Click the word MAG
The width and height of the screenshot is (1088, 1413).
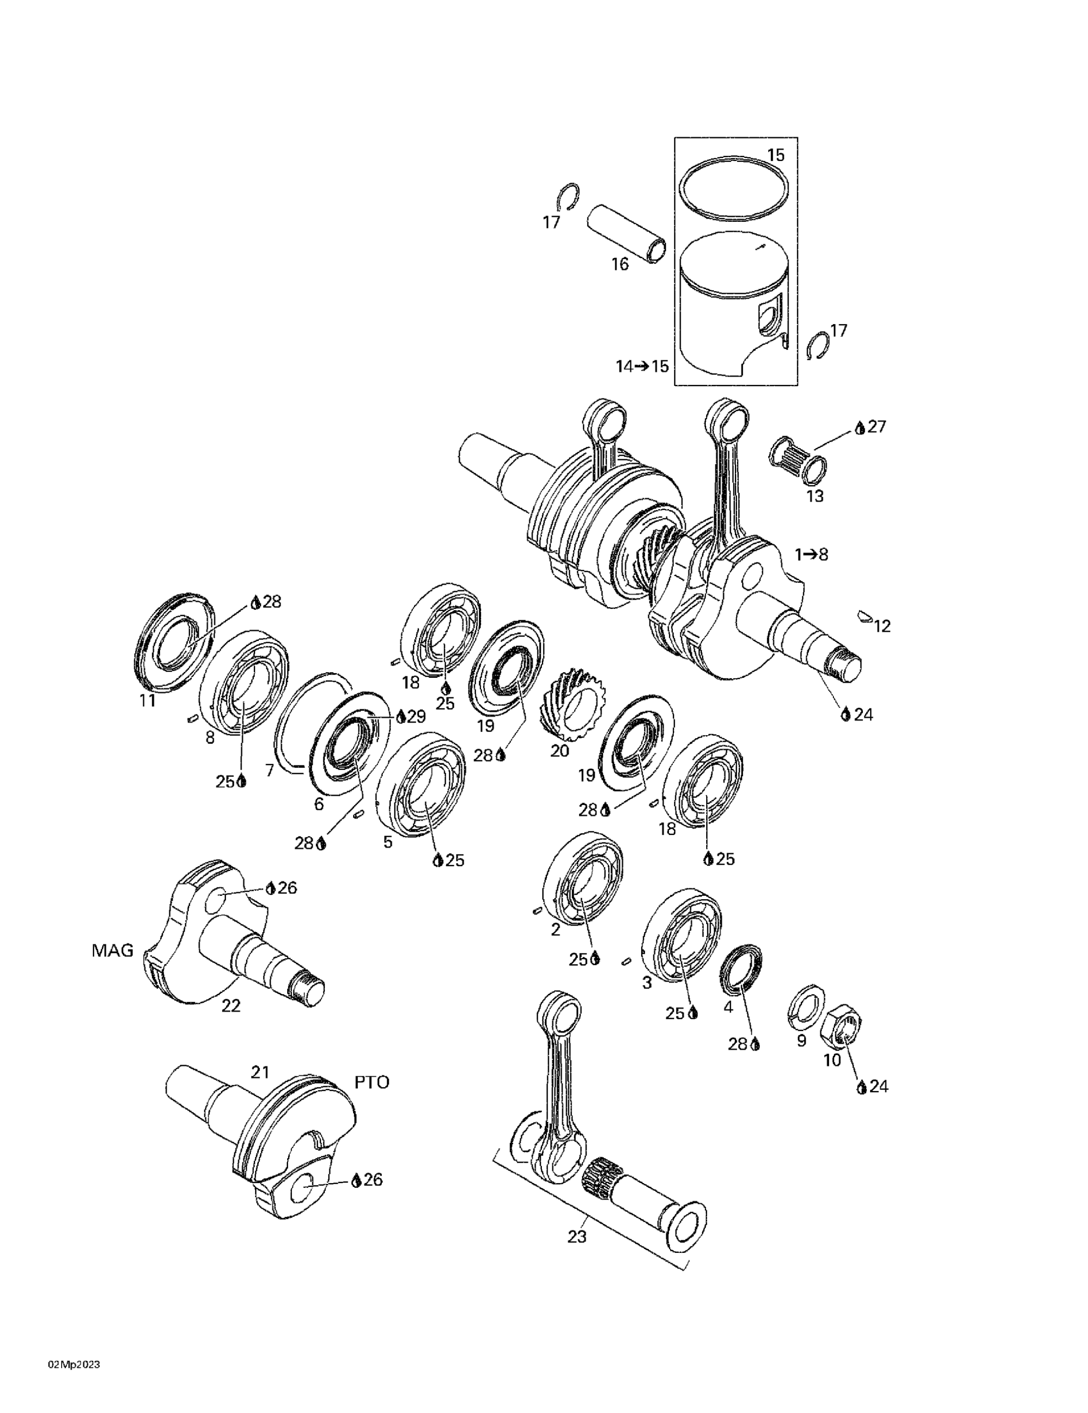113,950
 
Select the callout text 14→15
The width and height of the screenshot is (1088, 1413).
641,366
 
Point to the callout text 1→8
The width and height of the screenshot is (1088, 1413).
811,554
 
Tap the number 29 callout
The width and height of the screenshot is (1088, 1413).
416,716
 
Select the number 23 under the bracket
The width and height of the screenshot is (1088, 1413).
576,1236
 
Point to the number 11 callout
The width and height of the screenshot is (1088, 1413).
147,699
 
